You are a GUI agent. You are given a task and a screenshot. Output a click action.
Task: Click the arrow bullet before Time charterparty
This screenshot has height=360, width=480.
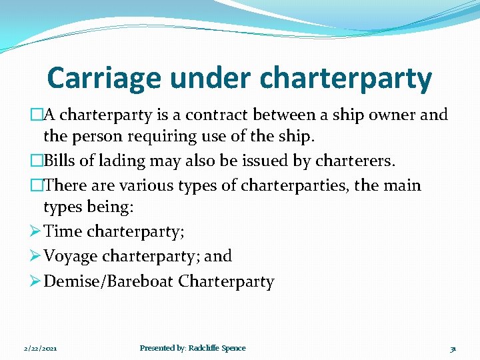[35, 231]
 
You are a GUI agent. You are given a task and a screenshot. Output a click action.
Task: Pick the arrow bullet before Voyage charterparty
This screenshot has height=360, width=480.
[35, 256]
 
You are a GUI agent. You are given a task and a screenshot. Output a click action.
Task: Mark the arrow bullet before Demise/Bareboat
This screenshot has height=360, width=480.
[35, 281]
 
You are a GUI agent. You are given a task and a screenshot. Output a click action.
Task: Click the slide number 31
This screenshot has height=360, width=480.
[453, 348]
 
